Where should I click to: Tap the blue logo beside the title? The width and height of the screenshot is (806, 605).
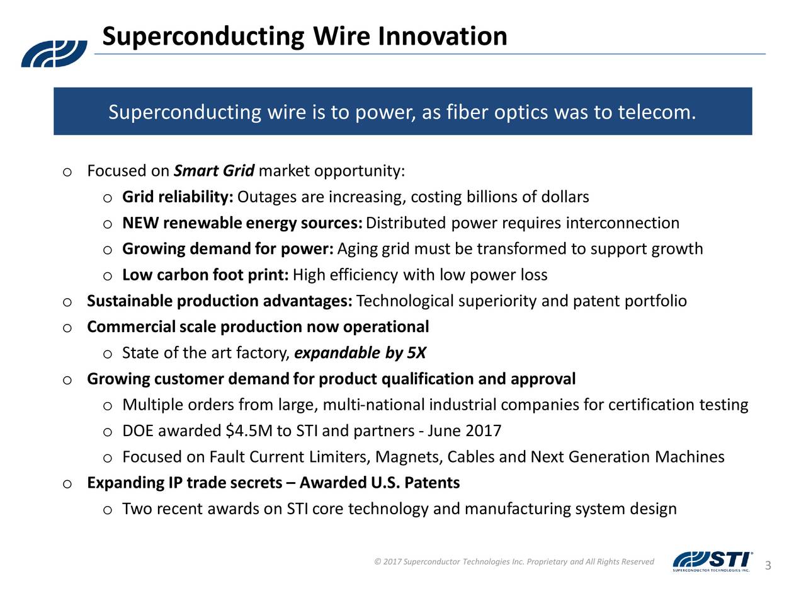click(x=54, y=54)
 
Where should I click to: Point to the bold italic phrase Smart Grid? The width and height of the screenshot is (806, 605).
click(x=214, y=171)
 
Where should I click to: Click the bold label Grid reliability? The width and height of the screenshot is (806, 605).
click(x=178, y=197)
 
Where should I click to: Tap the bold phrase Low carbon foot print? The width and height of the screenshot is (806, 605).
click(x=206, y=275)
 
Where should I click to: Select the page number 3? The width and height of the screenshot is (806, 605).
click(x=768, y=565)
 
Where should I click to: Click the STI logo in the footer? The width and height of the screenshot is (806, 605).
click(x=713, y=562)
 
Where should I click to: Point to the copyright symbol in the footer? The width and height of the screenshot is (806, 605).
click(x=377, y=562)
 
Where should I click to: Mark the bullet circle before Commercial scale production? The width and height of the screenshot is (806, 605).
click(x=67, y=328)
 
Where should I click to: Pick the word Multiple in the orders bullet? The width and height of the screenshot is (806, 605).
click(x=153, y=405)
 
